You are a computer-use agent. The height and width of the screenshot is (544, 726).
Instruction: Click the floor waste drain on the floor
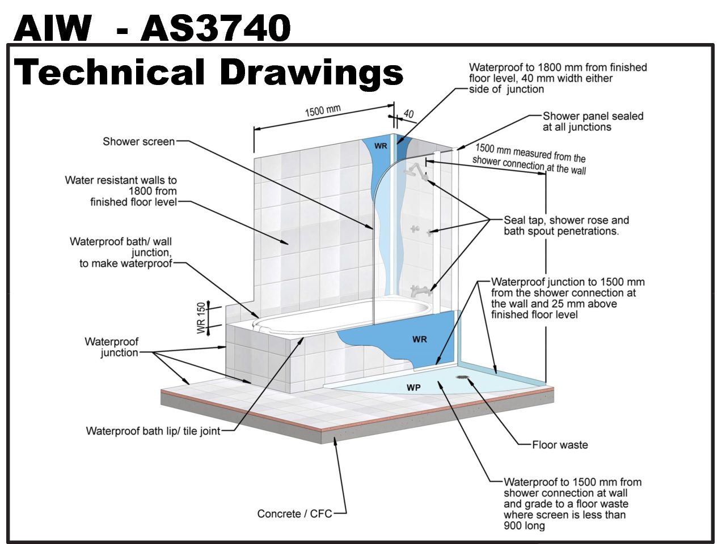(463, 376)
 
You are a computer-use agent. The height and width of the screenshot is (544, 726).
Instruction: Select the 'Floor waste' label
(559, 445)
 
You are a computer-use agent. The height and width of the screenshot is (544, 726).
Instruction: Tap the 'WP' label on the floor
(413, 388)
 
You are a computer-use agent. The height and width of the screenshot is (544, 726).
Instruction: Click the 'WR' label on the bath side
(419, 339)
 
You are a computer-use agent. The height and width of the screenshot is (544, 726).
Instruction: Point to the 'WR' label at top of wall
(381, 146)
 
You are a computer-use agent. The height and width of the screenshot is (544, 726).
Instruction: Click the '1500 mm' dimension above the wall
(322, 110)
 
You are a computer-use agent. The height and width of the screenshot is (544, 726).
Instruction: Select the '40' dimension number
(408, 113)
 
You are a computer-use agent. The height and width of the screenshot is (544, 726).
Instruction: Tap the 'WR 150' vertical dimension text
(201, 318)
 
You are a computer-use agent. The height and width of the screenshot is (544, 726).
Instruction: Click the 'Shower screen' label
(138, 142)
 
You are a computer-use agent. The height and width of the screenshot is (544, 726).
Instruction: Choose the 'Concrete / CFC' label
(294, 514)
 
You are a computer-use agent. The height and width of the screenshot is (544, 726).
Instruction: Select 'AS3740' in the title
(216, 28)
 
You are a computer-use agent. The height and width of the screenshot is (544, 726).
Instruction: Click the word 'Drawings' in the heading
(311, 73)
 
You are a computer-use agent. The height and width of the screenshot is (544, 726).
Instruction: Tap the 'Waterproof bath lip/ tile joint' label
(153, 431)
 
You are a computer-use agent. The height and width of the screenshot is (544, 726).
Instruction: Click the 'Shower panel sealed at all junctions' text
(592, 121)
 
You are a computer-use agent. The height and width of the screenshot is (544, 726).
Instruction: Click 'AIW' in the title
(52, 28)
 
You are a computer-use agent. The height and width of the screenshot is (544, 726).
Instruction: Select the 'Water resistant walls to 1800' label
(121, 191)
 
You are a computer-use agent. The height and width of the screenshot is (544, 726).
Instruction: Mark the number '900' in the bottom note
(514, 526)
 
